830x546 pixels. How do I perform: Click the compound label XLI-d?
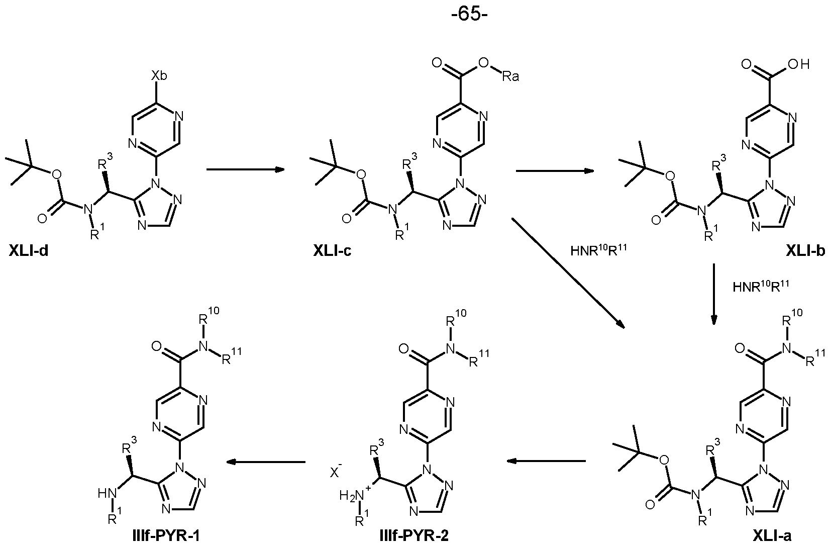29,252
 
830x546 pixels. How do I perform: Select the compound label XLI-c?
333,251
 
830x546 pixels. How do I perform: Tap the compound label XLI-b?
805,251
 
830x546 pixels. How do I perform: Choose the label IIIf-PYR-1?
166,536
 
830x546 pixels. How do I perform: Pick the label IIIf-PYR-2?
414,536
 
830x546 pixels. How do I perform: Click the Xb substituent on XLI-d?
159,75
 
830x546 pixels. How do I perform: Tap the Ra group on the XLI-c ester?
510,77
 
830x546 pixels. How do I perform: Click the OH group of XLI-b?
799,64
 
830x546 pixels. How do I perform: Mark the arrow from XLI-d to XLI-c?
245,169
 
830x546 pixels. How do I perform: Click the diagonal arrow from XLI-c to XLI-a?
568,273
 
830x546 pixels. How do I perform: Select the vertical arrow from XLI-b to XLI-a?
714,294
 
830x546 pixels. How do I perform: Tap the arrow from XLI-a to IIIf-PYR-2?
546,461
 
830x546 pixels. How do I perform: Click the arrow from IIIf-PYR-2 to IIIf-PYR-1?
266,462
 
